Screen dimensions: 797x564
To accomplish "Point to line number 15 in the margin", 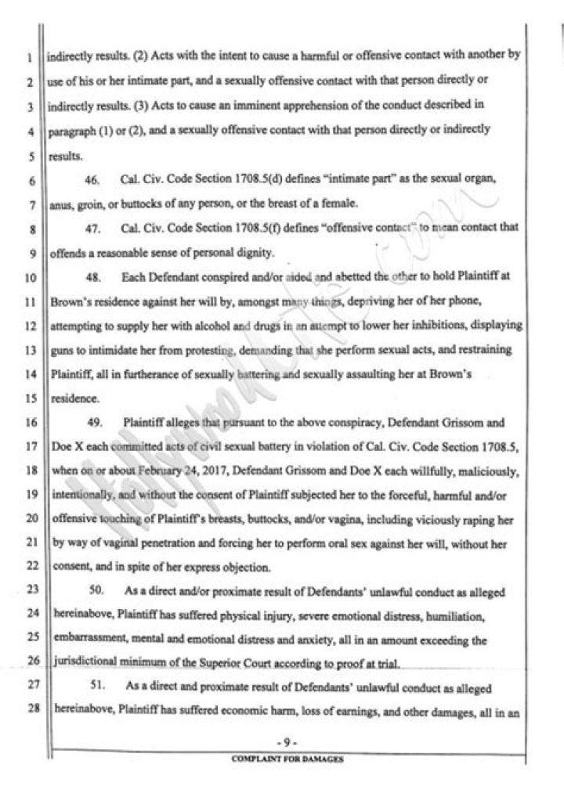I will click(27, 398).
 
